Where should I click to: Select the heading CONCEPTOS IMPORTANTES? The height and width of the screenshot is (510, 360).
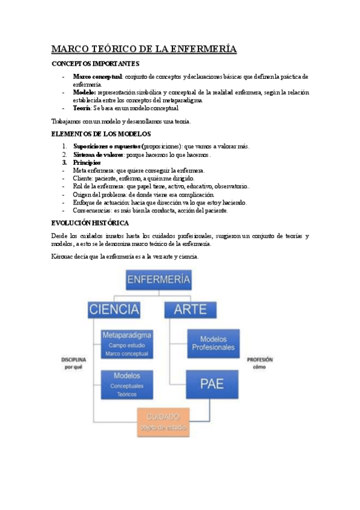click(96, 64)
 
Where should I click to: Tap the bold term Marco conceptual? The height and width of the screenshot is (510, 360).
click(97, 77)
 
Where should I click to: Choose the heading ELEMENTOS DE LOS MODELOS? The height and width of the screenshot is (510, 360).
click(101, 134)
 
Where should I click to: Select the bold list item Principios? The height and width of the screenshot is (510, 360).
click(87, 162)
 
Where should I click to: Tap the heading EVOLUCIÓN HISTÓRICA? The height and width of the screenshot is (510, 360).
click(91, 223)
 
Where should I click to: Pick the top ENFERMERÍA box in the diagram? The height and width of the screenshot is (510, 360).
click(159, 280)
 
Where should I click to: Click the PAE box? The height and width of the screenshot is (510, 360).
click(209, 384)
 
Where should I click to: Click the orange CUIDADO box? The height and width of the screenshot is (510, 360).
click(163, 422)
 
